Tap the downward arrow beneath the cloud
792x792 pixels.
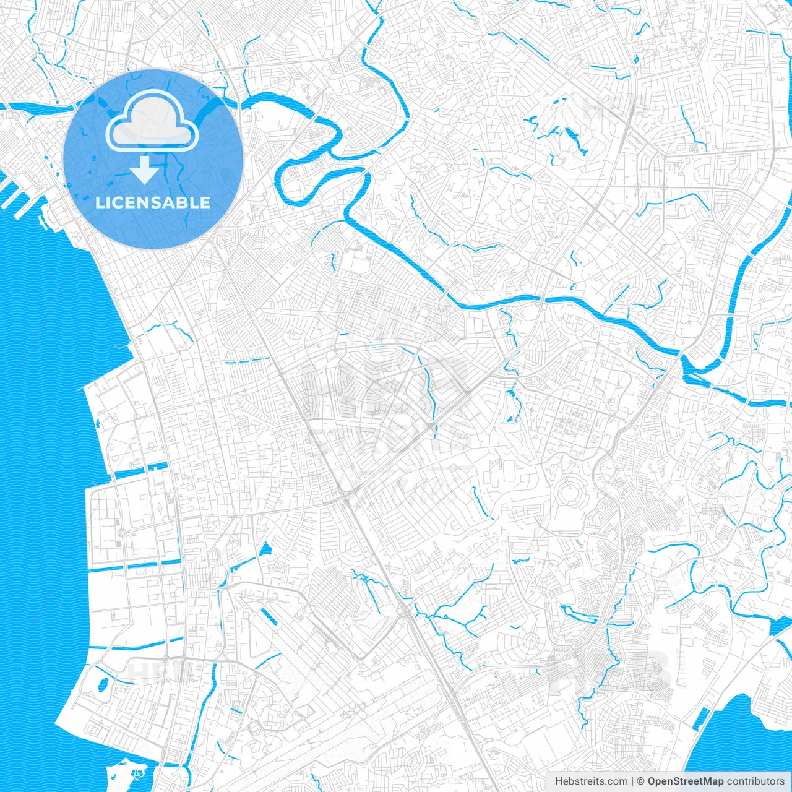click(145, 170)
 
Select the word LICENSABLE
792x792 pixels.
click(153, 202)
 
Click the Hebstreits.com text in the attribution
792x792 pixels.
click(591, 781)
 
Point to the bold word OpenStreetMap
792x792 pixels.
click(685, 781)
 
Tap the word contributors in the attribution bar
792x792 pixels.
click(755, 781)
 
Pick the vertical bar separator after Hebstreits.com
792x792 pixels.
click(632, 781)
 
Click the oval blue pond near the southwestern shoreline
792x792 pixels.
click(103, 684)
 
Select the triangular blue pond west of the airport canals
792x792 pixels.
click(265, 549)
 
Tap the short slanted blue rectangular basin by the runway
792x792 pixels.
click(269, 618)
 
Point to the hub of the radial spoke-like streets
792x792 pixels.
click(530, 640)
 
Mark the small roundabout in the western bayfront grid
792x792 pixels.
click(121, 533)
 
